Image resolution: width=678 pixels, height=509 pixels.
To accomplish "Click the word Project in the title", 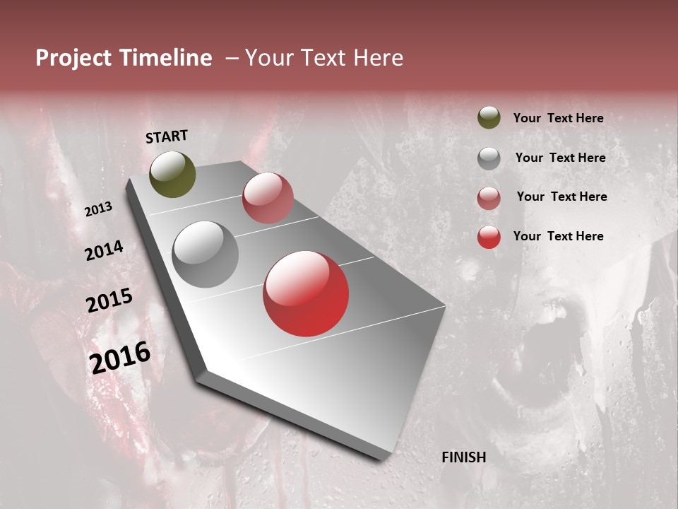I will tap(73, 58).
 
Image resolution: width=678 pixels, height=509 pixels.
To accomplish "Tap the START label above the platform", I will tap(167, 136).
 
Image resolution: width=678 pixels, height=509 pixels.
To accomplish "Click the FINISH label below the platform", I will tap(464, 457).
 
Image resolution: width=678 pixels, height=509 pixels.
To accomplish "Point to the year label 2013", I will tap(98, 209).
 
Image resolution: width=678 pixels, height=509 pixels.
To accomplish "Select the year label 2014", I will tap(104, 250).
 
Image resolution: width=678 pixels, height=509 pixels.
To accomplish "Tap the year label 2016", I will tap(120, 357).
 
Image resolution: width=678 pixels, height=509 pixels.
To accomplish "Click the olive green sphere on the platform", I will tap(172, 175).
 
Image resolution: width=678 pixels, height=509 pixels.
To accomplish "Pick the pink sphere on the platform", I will tap(268, 198).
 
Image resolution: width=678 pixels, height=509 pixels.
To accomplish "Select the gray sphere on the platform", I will tap(205, 255).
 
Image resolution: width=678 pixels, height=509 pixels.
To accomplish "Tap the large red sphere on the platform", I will tap(306, 293).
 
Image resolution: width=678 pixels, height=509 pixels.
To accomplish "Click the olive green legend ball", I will tap(489, 118).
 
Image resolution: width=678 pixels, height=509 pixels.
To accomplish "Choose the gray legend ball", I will tap(489, 158).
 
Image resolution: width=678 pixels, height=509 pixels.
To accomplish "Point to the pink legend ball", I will tap(489, 197).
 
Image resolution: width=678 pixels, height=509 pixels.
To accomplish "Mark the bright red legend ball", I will tap(489, 237).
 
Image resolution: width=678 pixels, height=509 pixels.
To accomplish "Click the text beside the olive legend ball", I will tap(558, 119).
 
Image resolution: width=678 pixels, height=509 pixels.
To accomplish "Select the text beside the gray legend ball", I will tap(560, 158).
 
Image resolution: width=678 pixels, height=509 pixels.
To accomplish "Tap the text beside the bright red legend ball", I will tap(558, 236).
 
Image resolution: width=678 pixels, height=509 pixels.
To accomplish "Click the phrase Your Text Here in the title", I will tap(324, 58).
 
